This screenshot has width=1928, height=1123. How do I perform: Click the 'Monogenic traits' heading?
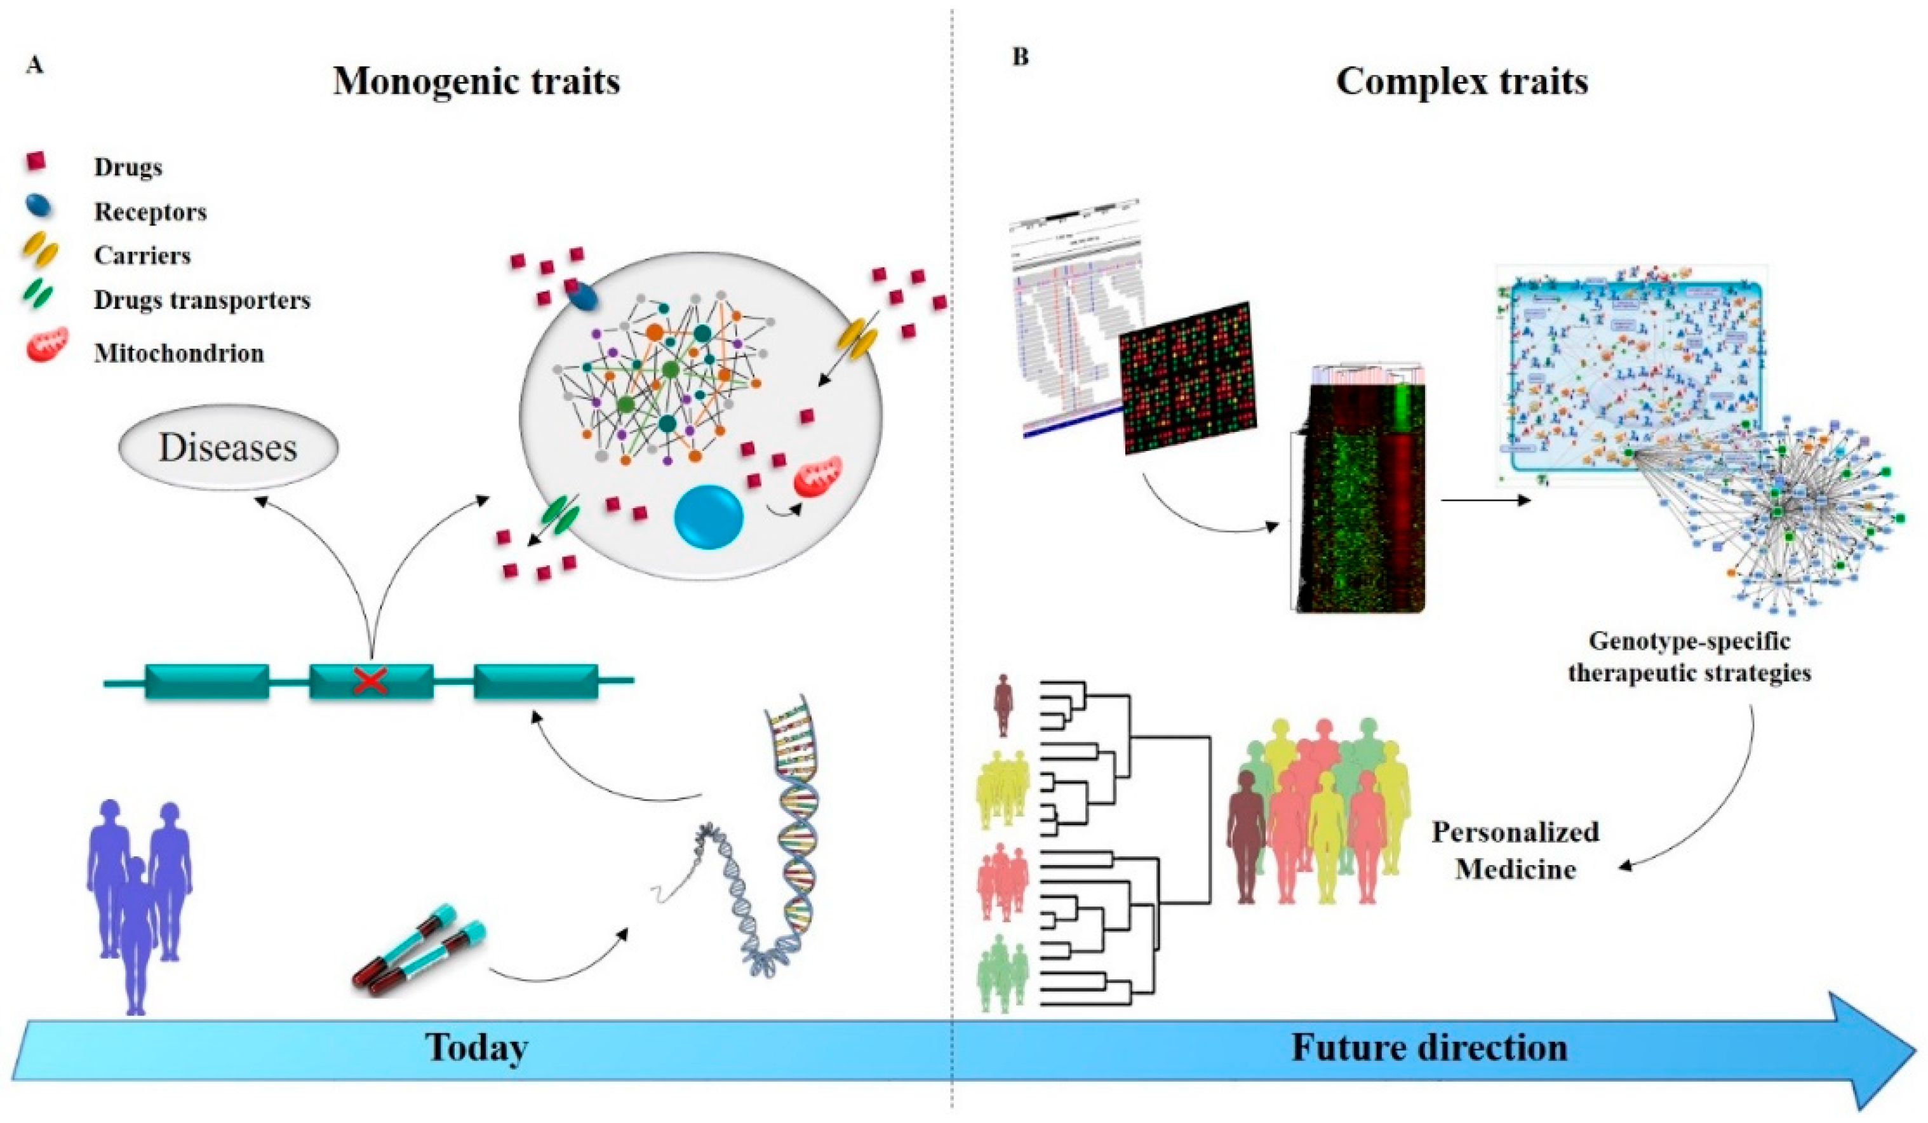(476, 82)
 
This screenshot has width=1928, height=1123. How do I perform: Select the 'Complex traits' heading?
(1461, 82)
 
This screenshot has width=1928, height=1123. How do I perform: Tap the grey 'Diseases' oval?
(228, 448)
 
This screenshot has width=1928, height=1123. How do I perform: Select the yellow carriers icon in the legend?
(39, 252)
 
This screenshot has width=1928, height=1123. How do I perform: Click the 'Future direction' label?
(1429, 1047)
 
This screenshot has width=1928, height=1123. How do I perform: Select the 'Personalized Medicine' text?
(1515, 850)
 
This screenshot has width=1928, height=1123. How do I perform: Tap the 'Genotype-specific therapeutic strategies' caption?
(1689, 656)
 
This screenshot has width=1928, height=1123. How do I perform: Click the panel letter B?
(1021, 57)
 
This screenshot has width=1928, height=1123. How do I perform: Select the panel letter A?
(34, 65)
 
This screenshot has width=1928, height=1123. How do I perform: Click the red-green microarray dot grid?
(1188, 377)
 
